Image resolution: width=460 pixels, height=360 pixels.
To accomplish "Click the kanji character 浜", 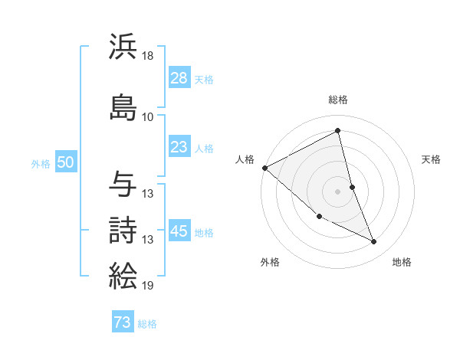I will pyautogui.click(x=123, y=46).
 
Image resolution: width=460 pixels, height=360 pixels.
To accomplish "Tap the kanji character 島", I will pyautogui.click(x=123, y=107).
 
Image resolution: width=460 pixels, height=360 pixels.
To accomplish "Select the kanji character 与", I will pyautogui.click(x=123, y=184).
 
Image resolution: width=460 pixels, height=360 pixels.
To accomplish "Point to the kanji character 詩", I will pyautogui.click(x=123, y=231).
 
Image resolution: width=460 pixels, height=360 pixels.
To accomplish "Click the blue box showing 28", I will pyautogui.click(x=179, y=79).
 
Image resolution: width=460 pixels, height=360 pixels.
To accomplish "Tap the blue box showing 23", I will pyautogui.click(x=179, y=148).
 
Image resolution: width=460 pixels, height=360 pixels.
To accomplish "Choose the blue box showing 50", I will pyautogui.click(x=65, y=162).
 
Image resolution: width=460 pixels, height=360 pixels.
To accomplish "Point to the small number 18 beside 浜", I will pyautogui.click(x=149, y=56).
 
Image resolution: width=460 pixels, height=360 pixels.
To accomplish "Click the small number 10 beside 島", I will pyautogui.click(x=148, y=117).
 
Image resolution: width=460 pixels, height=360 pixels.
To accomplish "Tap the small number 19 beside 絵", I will pyautogui.click(x=149, y=286).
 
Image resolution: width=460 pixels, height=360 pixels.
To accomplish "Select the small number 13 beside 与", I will pyautogui.click(x=149, y=194).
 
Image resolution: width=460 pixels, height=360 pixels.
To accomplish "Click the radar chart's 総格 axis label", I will pyautogui.click(x=338, y=100).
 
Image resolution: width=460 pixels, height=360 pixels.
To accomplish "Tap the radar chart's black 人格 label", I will pyautogui.click(x=245, y=159).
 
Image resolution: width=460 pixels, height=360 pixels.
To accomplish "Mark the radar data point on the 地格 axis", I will pyautogui.click(x=374, y=242).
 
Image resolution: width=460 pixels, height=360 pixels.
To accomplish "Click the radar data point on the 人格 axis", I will pyautogui.click(x=264, y=168).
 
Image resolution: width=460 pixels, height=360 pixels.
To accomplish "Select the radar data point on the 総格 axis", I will pyautogui.click(x=338, y=131).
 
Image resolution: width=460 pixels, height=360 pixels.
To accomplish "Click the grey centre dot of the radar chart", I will pyautogui.click(x=338, y=191).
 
